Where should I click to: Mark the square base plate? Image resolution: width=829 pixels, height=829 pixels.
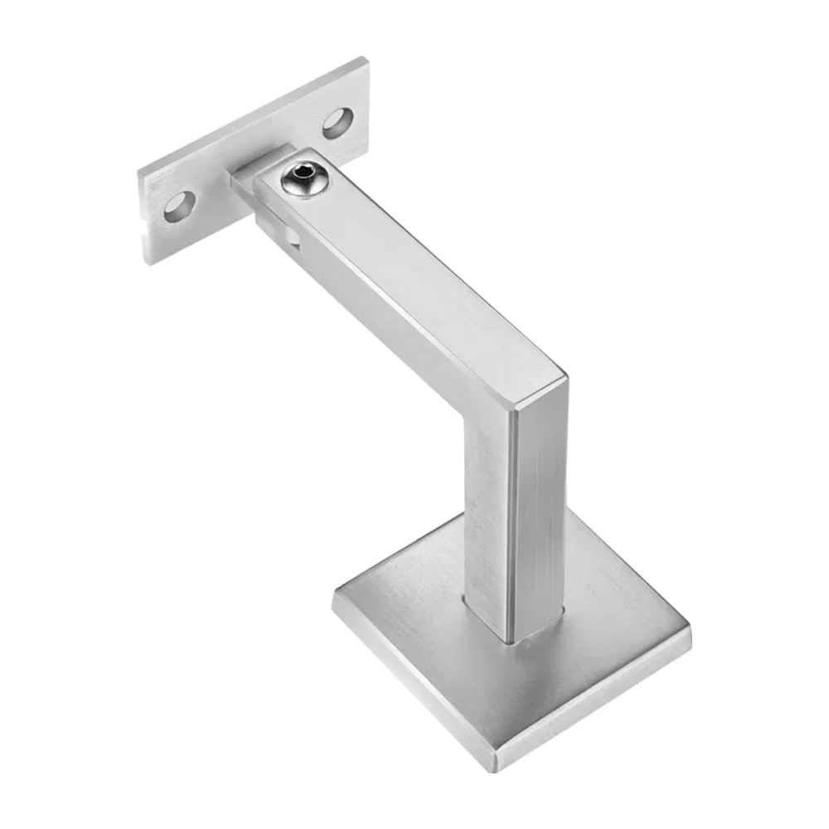514,655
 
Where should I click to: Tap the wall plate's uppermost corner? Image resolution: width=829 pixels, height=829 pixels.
365,58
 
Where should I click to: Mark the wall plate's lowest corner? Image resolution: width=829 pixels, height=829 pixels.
148,264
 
